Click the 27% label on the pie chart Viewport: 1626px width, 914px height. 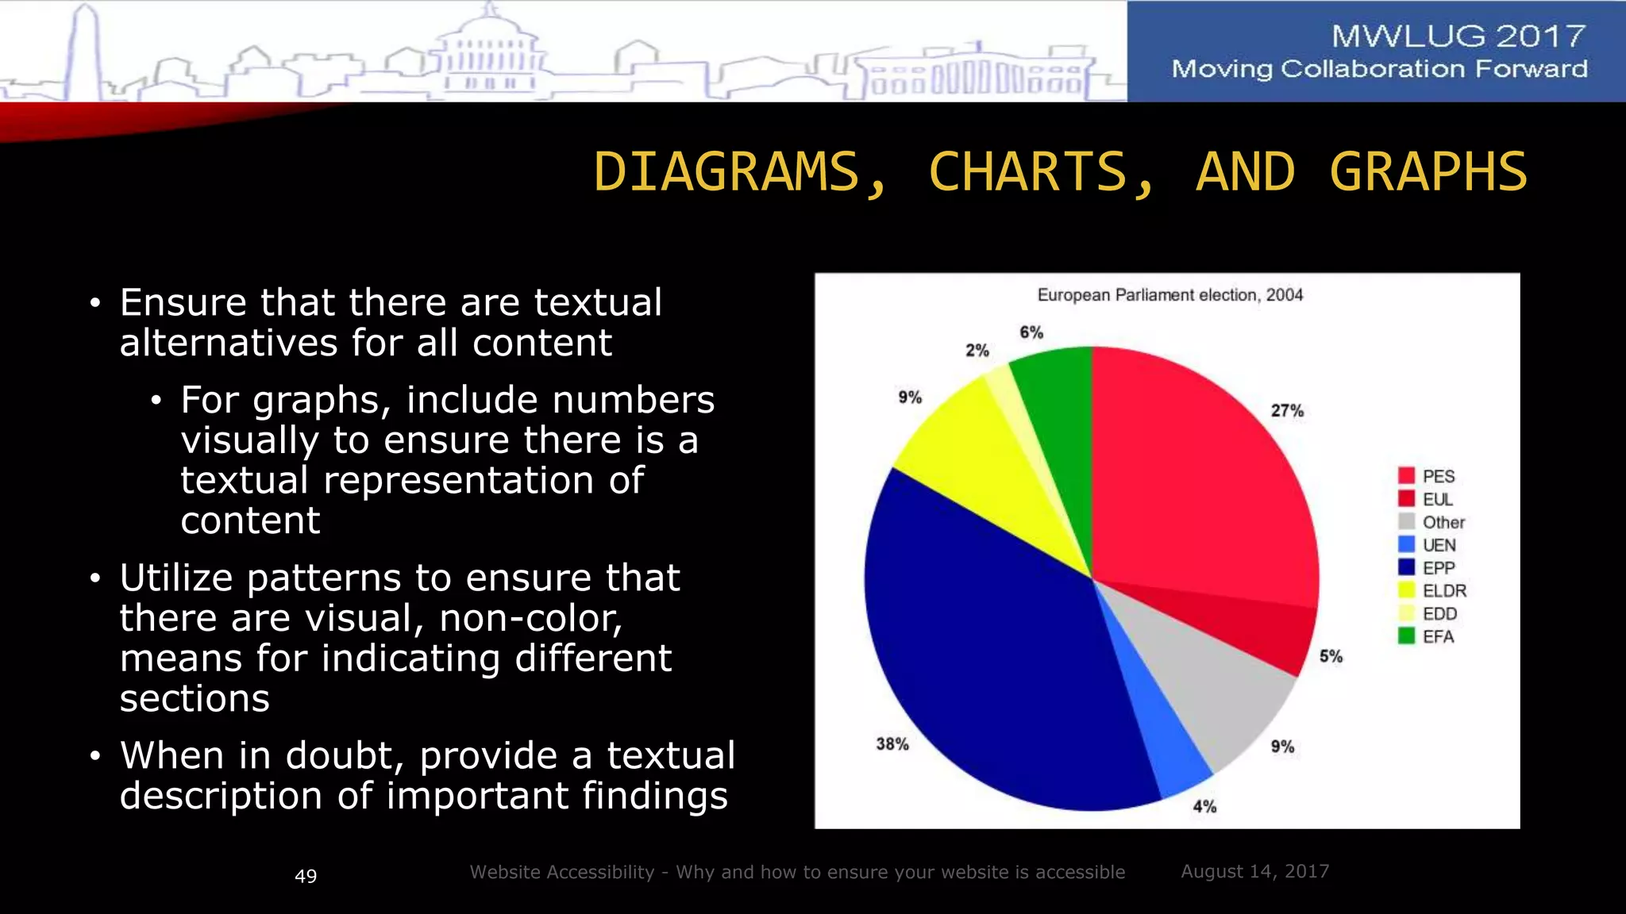(1287, 411)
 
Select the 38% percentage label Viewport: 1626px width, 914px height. (892, 744)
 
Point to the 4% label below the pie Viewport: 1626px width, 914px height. (1204, 807)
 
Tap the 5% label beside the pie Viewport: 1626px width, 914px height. (1331, 657)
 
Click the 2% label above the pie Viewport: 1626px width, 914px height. (977, 351)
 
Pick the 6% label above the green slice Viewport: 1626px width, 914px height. (1031, 332)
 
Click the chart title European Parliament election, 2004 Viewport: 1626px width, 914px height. (1170, 295)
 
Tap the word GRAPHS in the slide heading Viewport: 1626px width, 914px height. (1428, 172)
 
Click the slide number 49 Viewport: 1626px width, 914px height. (306, 876)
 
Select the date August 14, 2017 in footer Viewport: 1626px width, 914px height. (1254, 871)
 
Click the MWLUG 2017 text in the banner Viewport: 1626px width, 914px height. (1458, 36)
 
